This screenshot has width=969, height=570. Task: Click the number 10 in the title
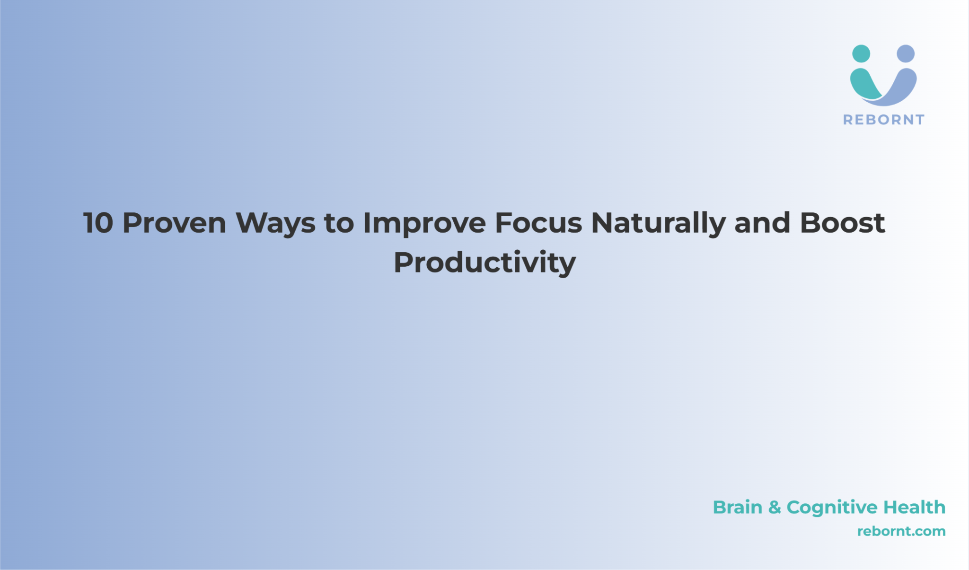(98, 223)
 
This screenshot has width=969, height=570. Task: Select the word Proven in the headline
(175, 223)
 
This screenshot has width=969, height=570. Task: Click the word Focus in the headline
(538, 223)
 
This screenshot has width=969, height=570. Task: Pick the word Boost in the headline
(842, 223)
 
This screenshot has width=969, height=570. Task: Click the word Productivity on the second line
(485, 263)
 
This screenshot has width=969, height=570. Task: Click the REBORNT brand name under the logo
(883, 120)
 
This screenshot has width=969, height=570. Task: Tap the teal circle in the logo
(861, 53)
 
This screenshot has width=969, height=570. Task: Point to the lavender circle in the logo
(906, 53)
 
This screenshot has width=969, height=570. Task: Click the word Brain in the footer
(738, 507)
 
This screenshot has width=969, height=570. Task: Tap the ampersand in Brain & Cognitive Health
(775, 508)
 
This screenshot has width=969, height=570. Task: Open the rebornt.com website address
(901, 531)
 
